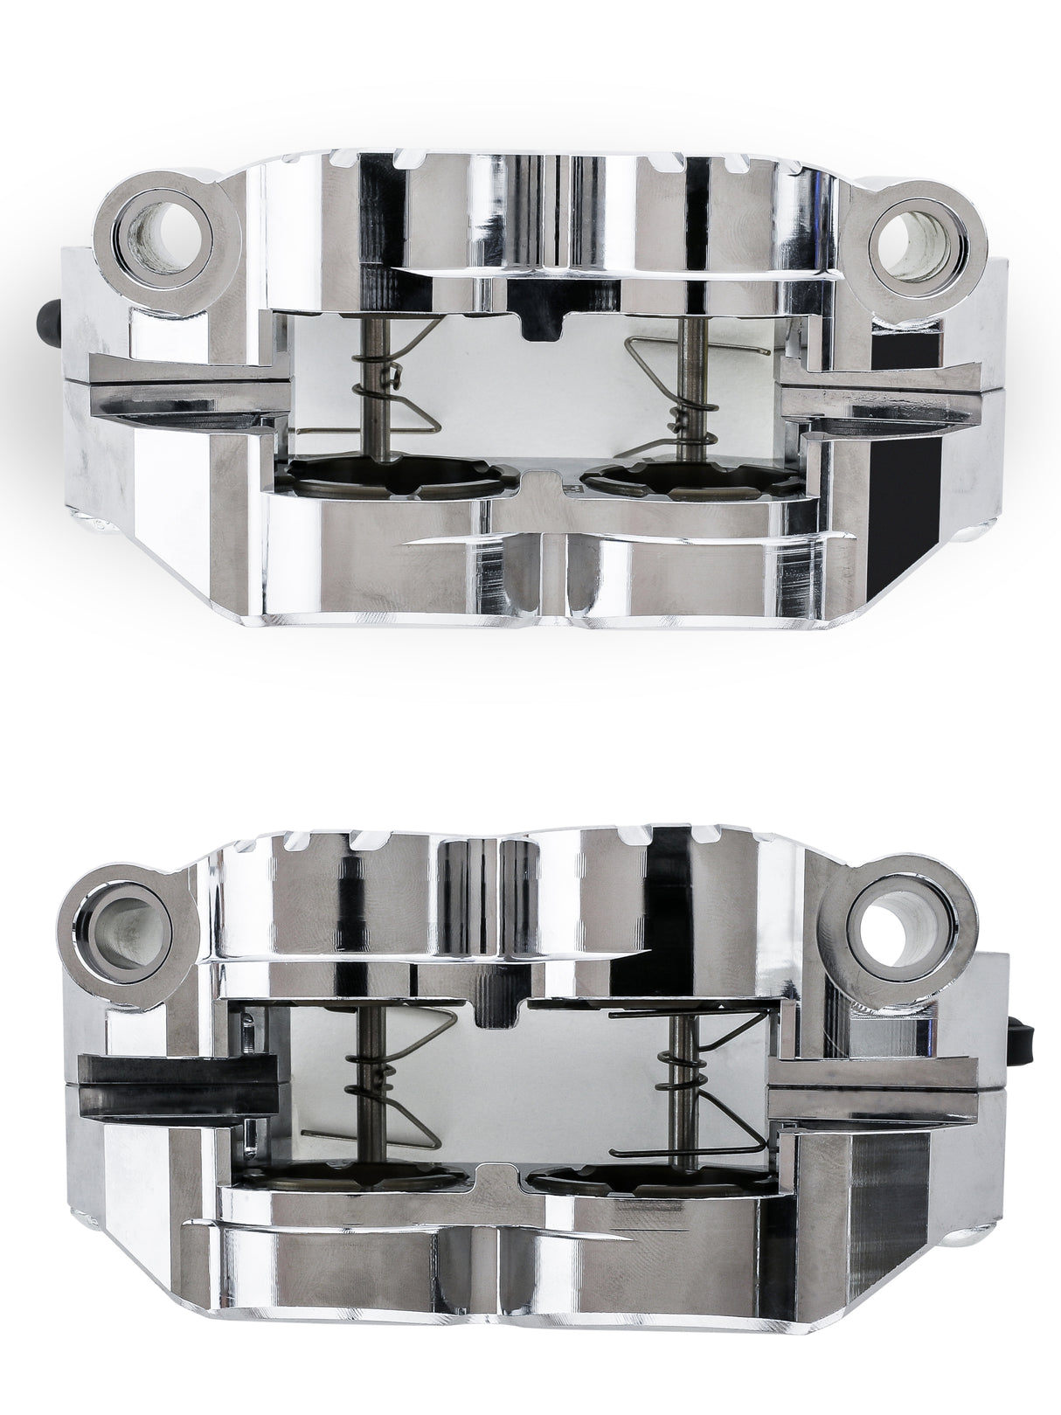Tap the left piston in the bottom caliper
point(350,1176)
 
